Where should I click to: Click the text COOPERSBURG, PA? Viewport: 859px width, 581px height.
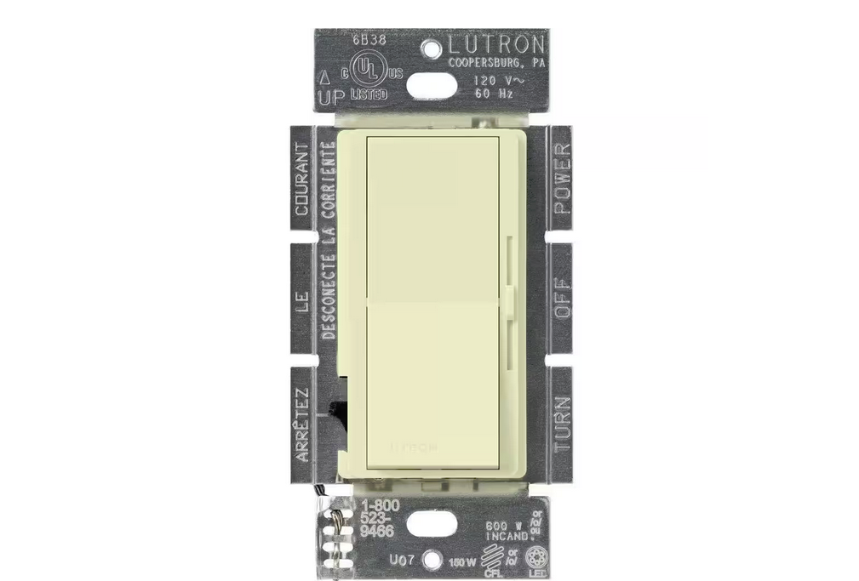click(496, 62)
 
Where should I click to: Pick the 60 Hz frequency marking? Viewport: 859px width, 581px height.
click(494, 94)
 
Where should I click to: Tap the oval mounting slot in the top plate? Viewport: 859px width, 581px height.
click(432, 85)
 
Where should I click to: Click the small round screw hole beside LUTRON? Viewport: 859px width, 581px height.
click(432, 44)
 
